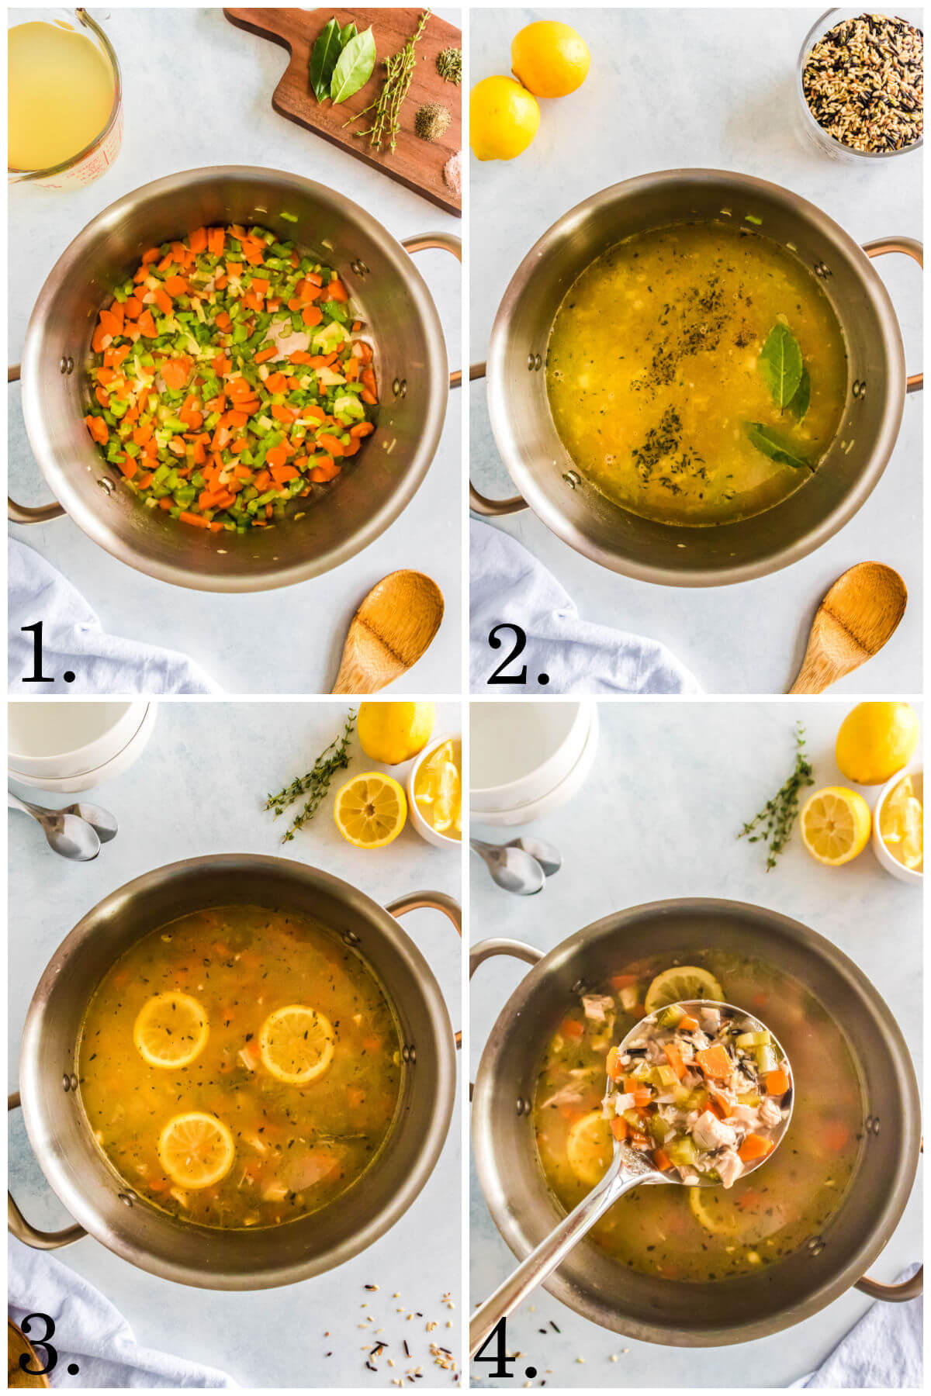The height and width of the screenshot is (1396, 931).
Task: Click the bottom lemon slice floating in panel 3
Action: (196, 1149)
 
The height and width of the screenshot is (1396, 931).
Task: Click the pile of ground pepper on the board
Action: (431, 121)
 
